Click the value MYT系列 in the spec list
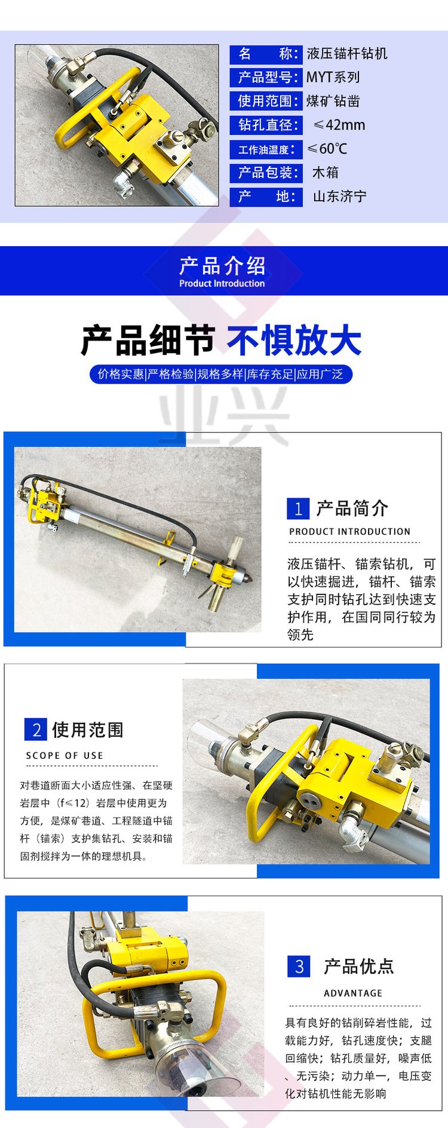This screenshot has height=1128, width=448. click(x=333, y=77)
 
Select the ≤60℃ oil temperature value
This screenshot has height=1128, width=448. click(x=327, y=149)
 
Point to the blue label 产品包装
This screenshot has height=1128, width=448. click(x=266, y=173)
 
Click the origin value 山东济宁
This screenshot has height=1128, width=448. click(x=340, y=197)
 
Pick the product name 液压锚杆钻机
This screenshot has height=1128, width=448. click(x=347, y=54)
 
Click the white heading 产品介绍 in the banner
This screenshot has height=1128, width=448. click(x=222, y=266)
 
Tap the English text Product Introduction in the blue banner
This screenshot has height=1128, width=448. click(x=222, y=284)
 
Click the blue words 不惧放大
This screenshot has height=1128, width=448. click(x=294, y=341)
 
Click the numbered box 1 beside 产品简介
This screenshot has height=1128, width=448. click(x=298, y=508)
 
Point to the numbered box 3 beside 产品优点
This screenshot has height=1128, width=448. click(x=299, y=966)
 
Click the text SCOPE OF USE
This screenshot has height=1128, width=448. click(x=65, y=756)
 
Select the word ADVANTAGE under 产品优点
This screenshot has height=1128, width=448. click(x=353, y=993)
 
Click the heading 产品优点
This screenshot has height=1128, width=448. click(x=359, y=966)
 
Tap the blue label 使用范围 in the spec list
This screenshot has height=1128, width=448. click(x=266, y=101)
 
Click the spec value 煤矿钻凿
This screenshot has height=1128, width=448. click(x=333, y=102)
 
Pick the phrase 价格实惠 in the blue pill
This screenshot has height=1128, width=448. click(x=121, y=374)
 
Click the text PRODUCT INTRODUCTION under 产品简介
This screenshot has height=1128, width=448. click(x=350, y=532)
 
